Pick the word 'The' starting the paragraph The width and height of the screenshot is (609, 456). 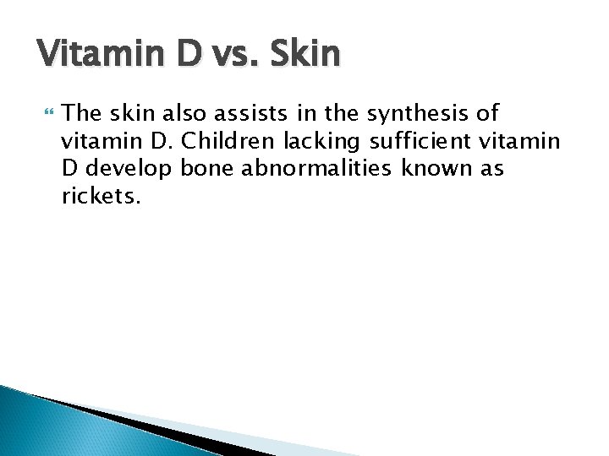pos(83,112)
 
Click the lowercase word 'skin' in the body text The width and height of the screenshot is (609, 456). pos(133,112)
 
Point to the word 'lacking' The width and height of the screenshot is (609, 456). pos(324,140)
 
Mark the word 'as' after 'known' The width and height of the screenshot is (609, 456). pos(492,168)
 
